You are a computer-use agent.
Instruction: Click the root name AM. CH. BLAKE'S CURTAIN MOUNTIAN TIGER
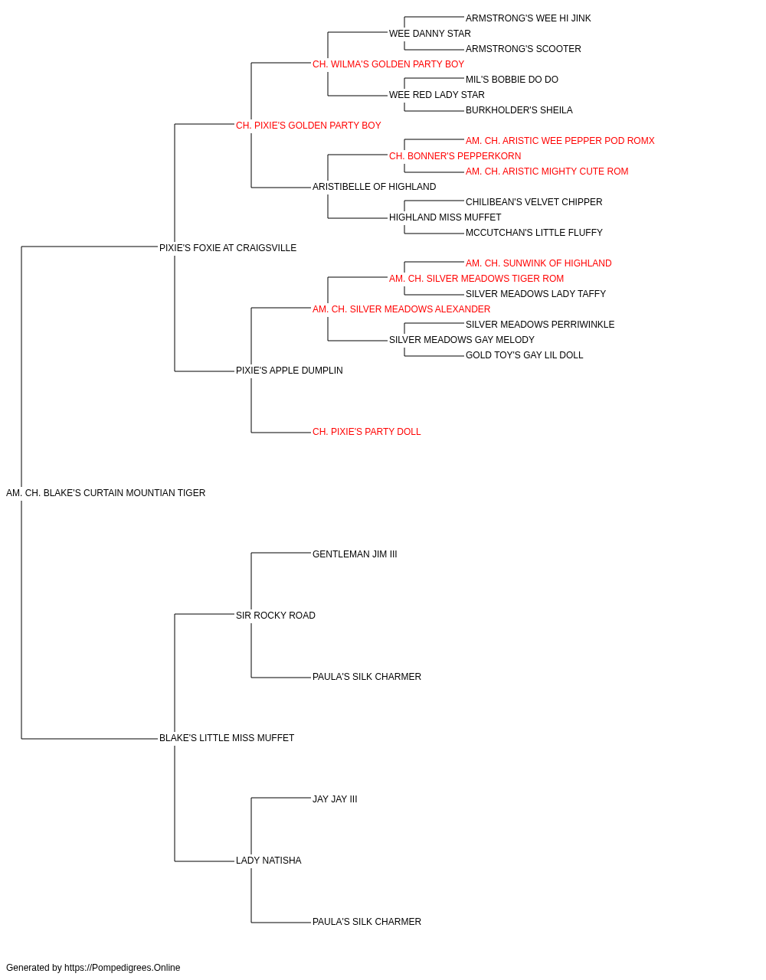106,493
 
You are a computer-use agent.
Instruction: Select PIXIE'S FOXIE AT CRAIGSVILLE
228,248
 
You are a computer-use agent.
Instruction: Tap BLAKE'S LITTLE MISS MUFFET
227,738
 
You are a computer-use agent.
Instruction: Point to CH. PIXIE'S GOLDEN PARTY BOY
309,126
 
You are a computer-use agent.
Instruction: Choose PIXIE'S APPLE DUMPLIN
290,371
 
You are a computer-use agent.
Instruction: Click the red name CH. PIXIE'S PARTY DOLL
367,432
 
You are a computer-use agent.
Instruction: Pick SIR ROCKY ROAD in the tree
276,615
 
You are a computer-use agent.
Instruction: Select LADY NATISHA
268,860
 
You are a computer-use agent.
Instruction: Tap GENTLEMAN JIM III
355,554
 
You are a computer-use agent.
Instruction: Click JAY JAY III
335,799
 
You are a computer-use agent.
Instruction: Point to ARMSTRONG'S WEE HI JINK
529,18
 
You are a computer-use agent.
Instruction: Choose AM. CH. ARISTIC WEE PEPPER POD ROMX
560,141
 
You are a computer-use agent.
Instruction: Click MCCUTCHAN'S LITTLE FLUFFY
534,233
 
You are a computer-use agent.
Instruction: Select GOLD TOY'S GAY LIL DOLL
524,355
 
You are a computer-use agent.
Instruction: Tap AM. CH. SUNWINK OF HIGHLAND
538,263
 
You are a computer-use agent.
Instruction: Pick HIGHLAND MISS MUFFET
445,217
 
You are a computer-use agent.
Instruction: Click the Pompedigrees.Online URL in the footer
122,968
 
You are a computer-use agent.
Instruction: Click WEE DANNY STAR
430,34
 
